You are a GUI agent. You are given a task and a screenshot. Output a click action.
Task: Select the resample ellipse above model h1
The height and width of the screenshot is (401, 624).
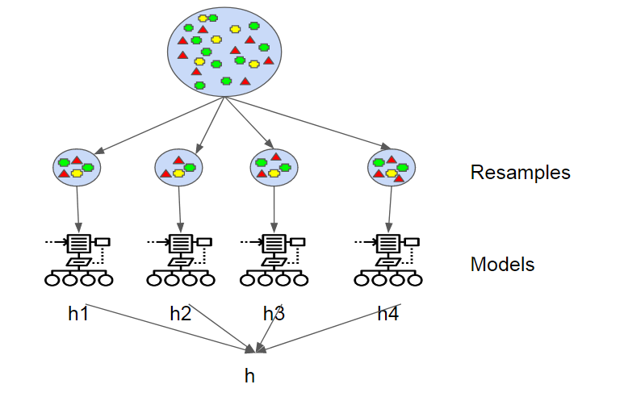point(76,168)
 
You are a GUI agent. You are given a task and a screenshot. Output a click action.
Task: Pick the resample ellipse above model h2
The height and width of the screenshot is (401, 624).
point(178,168)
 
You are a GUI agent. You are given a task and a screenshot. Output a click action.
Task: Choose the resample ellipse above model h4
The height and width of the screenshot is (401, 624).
point(392,168)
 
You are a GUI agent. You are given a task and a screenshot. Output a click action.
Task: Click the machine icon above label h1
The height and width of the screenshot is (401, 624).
point(78,260)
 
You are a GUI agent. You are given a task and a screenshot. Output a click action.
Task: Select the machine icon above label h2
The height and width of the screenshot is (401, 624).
point(180,260)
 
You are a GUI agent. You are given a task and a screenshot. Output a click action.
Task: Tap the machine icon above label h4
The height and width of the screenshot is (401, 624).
point(389,260)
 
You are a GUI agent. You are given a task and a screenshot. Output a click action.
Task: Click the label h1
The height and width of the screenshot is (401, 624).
point(78,314)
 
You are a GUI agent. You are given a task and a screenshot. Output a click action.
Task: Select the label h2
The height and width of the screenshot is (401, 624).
point(181,314)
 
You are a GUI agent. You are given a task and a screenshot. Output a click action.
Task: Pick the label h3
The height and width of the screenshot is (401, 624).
point(274,314)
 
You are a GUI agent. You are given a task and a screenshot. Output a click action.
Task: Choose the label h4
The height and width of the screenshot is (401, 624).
point(388,314)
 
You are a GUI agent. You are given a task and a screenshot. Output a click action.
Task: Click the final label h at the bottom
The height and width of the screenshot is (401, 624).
point(249,375)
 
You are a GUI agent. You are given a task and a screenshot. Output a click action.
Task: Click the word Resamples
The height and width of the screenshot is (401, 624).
point(520,173)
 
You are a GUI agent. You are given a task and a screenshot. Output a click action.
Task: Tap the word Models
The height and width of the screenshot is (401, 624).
point(502,265)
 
